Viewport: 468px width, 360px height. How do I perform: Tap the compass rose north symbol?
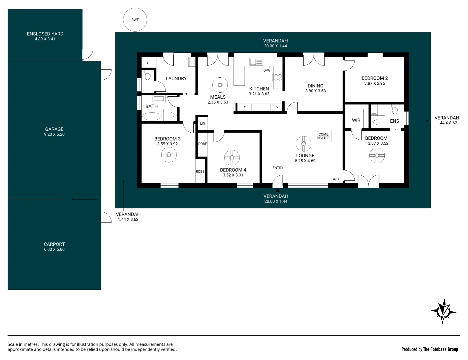click(x=443, y=311)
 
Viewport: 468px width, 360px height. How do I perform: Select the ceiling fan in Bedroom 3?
click(x=169, y=155)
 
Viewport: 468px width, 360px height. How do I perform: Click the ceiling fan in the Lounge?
click(x=304, y=144)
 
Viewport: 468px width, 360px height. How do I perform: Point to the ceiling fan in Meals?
click(x=220, y=85)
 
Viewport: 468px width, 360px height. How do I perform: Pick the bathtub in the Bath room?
click(x=152, y=117)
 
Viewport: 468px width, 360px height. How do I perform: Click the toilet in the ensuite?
click(x=395, y=110)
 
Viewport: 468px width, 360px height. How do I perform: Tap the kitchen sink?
click(x=256, y=62)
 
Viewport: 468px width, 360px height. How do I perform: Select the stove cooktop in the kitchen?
click(x=278, y=77)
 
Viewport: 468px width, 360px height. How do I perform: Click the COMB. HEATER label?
click(x=323, y=136)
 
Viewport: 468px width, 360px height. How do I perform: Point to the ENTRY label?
click(x=278, y=168)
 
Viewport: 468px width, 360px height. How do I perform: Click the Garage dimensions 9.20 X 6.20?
click(x=54, y=134)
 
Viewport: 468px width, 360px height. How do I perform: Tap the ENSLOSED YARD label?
click(x=45, y=34)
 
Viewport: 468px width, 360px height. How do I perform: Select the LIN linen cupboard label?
click(x=202, y=124)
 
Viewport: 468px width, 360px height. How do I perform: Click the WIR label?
click(x=356, y=120)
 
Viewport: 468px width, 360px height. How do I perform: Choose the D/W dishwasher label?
click(x=267, y=70)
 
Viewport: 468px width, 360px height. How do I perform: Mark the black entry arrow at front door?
click(x=278, y=190)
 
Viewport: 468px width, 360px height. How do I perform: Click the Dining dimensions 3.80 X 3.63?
click(x=316, y=91)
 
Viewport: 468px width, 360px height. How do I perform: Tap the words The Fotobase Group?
click(x=441, y=349)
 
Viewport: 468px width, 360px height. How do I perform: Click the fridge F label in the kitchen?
click(x=245, y=108)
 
